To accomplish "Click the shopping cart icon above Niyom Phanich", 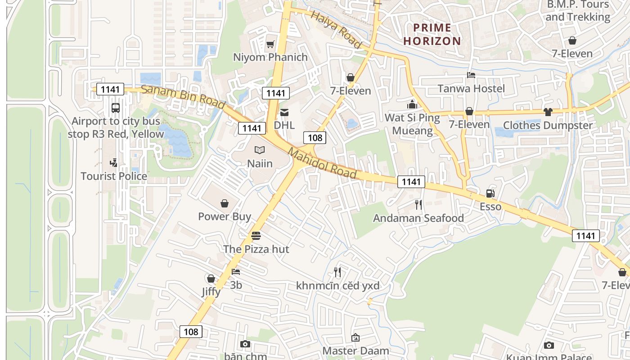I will coord(270,44).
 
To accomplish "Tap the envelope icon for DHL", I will coord(284,112).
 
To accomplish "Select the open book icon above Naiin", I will coord(260,150).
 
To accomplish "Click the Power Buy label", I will coord(225,216).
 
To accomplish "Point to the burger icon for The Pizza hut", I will coord(256,235).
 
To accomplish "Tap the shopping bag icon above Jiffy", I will coord(211,279).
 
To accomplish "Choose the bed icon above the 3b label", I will coord(236,272).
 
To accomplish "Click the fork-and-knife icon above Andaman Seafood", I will coord(418,205).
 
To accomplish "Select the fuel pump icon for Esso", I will coord(490,193).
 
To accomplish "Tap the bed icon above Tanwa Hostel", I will coord(471,75).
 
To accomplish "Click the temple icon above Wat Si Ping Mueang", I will coord(412,104).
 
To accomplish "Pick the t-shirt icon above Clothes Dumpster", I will coord(548,112).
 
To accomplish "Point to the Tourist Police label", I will coord(114,176).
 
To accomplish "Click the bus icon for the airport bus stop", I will coord(116,108).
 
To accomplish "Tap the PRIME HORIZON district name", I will coord(432,35).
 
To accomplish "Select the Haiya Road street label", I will coord(336,30).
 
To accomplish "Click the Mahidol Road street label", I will coord(323,164).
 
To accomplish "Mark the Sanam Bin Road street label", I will coord(183,96).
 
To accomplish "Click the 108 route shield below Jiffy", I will coord(191,332).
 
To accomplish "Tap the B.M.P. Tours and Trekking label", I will coord(578,11).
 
